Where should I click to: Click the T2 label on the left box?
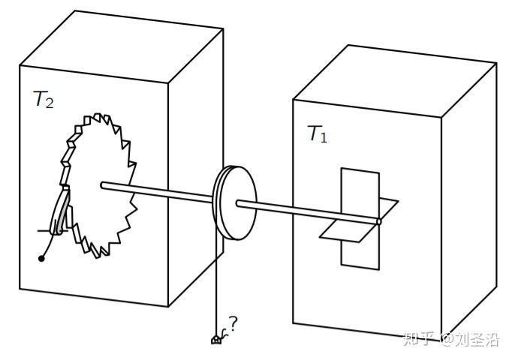click(x=44, y=100)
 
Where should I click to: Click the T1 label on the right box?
click(x=317, y=134)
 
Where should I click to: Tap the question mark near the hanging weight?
click(x=233, y=324)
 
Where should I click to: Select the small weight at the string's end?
click(x=216, y=340)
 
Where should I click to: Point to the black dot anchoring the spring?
click(x=42, y=259)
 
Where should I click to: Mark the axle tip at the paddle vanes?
click(x=378, y=221)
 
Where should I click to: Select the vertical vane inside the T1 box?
click(x=360, y=187)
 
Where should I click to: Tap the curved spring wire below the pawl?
click(x=50, y=244)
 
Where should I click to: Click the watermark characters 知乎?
click(x=420, y=340)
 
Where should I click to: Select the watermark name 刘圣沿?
click(x=478, y=340)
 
